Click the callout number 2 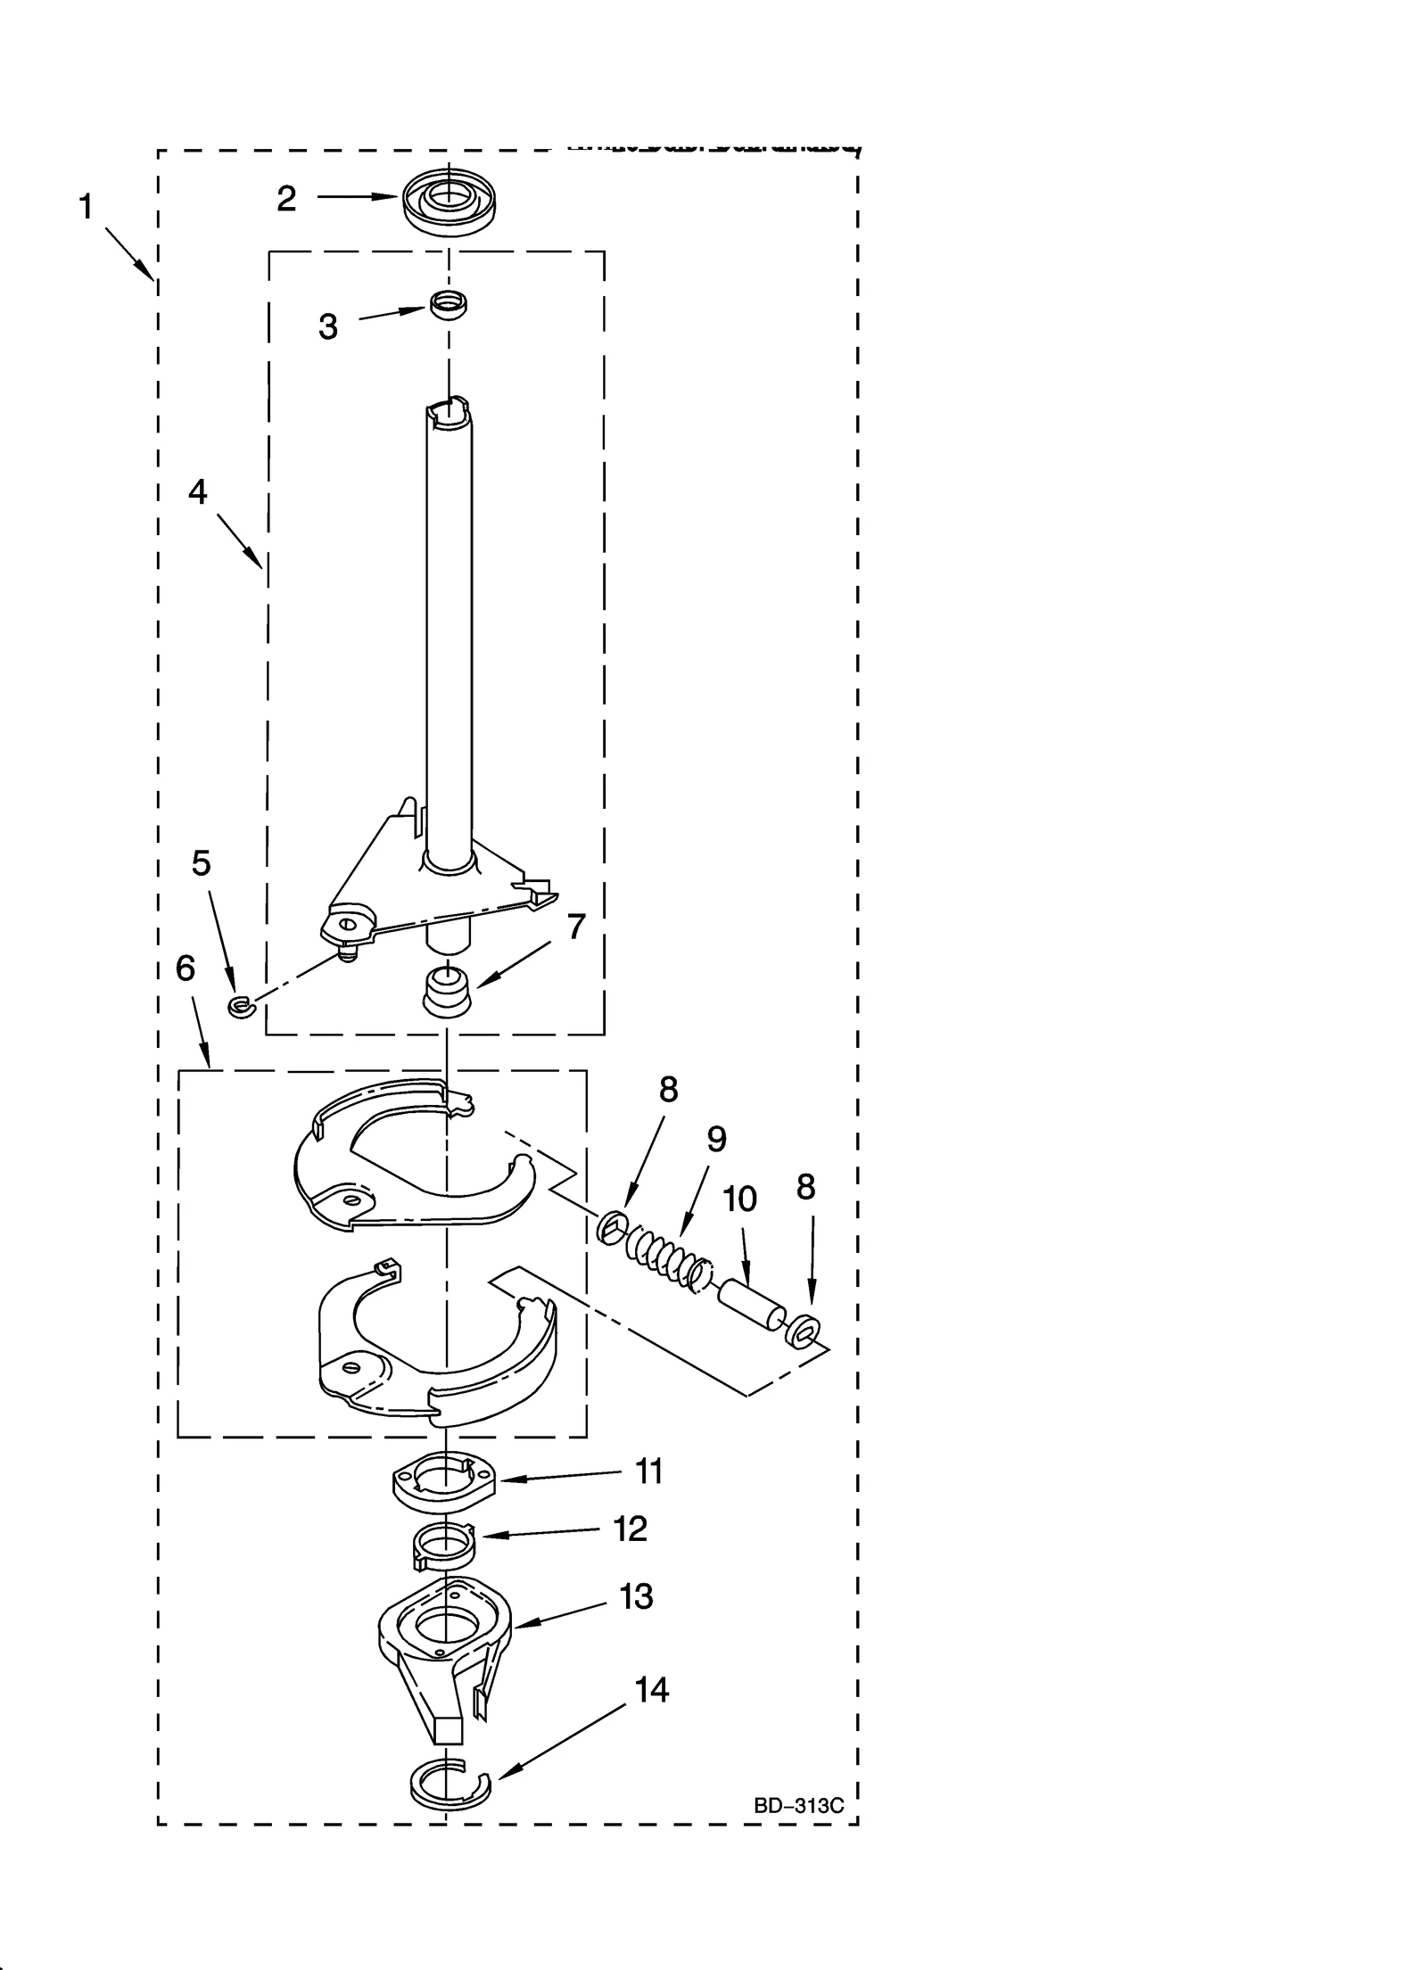286,199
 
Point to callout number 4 197,491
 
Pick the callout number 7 577,927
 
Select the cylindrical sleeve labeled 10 750,1304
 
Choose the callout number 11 648,1471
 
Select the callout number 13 636,1596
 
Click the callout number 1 85,207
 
